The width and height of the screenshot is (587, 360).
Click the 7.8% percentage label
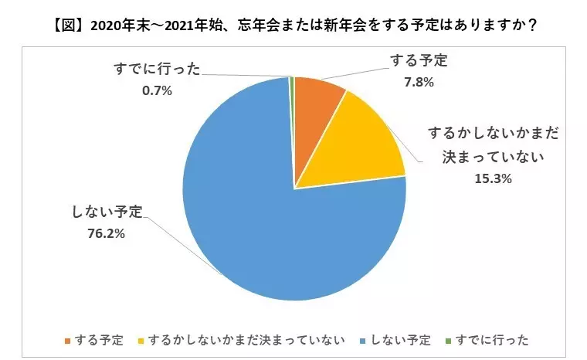click(419, 83)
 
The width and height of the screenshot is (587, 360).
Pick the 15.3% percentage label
click(493, 178)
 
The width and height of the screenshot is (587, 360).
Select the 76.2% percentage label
click(107, 234)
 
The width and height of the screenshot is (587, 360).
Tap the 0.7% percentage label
click(157, 90)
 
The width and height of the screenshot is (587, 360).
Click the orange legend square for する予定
click(67, 341)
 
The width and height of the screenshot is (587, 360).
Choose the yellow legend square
click(141, 341)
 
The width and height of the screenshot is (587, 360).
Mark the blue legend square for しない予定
click(362, 341)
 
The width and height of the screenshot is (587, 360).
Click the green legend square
click(448, 341)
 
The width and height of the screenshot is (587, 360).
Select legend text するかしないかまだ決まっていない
click(246, 340)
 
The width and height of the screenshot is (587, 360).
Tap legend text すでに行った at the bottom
click(492, 340)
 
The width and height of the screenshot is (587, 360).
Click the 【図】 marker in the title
click(69, 25)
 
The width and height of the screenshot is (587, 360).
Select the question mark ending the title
click(533, 25)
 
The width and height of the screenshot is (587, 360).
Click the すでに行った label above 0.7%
click(158, 69)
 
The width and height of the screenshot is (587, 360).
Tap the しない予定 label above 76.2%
click(107, 212)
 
